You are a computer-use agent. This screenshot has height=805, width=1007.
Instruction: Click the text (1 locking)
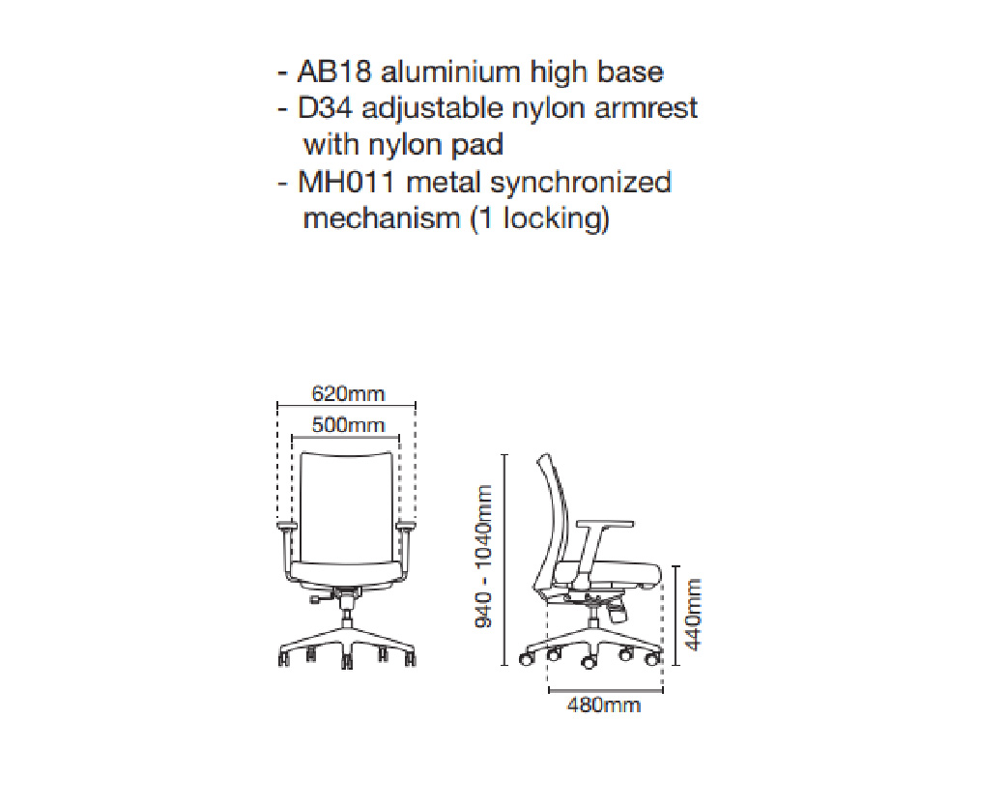point(539,218)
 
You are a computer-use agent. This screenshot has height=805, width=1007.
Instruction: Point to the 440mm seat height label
point(692,614)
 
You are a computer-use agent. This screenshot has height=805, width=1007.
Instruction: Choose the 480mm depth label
point(604,705)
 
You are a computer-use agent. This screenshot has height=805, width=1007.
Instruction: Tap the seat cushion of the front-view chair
point(348,572)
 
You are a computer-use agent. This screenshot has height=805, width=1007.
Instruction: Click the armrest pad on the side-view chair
point(601,525)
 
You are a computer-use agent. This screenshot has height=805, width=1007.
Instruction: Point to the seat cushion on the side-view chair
point(623,574)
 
